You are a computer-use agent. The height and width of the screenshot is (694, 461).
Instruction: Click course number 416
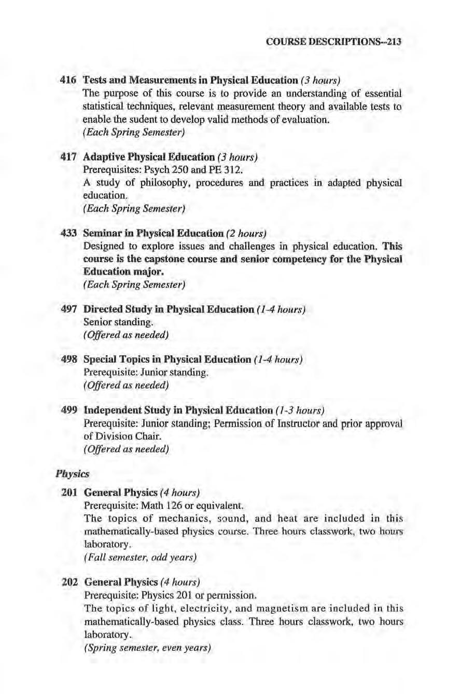69,80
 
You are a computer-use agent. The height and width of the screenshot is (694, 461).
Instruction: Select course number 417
69,157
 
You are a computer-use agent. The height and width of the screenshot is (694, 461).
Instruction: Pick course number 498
69,360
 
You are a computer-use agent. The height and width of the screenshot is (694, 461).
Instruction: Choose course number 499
69,411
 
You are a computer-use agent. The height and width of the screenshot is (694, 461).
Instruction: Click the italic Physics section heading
73,474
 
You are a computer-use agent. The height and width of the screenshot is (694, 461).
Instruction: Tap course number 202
69,580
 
